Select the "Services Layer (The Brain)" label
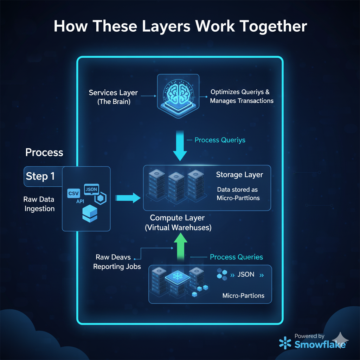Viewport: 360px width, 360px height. (113, 97)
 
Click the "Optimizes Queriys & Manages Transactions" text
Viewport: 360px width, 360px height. (242, 96)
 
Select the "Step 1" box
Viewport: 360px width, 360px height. (41, 176)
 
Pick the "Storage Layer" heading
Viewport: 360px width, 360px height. (239, 175)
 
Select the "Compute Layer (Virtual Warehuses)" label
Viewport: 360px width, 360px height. (178, 223)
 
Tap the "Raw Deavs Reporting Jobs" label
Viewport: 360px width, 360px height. (117, 262)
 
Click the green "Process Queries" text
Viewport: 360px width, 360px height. (236, 257)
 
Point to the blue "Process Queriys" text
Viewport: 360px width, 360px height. (220, 140)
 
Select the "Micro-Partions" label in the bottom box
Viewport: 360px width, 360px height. (243, 295)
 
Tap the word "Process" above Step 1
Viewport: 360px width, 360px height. (44, 153)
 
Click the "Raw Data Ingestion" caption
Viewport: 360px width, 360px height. (39, 204)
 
